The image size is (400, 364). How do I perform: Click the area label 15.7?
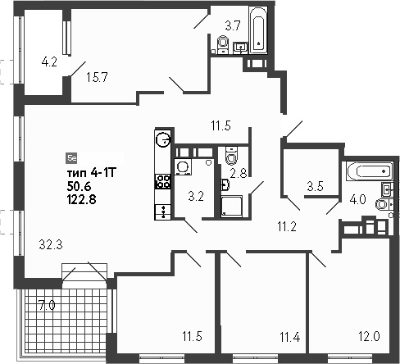pyautogui.click(x=97, y=77)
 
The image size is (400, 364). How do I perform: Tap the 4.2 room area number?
pyautogui.click(x=49, y=62)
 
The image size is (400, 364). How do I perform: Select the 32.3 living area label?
pyautogui.click(x=51, y=244)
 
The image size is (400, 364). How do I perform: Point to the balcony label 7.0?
pyautogui.click(x=47, y=305)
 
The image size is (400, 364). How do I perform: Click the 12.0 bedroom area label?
pyautogui.click(x=369, y=336)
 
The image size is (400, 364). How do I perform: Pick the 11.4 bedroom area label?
pyautogui.click(x=290, y=337)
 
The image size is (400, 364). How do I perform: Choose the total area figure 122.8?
pyautogui.click(x=81, y=200)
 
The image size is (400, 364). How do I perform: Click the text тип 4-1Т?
pyautogui.click(x=92, y=173)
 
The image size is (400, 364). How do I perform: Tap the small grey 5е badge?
pyautogui.click(x=72, y=158)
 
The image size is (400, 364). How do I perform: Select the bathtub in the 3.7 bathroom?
pyautogui.click(x=258, y=30)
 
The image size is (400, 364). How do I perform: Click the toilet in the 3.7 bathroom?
pyautogui.click(x=223, y=44)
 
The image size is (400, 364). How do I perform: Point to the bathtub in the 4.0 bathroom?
pyautogui.click(x=370, y=171)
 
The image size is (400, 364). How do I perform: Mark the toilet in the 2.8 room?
pyautogui.click(x=231, y=156)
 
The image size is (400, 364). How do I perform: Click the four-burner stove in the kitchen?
pyautogui.click(x=163, y=181)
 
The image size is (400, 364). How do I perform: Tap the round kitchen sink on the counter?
pyautogui.click(x=163, y=139)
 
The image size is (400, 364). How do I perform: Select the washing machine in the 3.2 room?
pyautogui.click(x=183, y=166)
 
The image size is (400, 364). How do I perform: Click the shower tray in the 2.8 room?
pyautogui.click(x=231, y=207)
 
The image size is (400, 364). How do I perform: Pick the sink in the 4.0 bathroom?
pyautogui.click(x=387, y=189)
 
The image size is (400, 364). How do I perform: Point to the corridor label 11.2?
pyautogui.click(x=287, y=226)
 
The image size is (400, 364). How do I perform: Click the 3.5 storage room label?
pyautogui.click(x=315, y=186)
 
